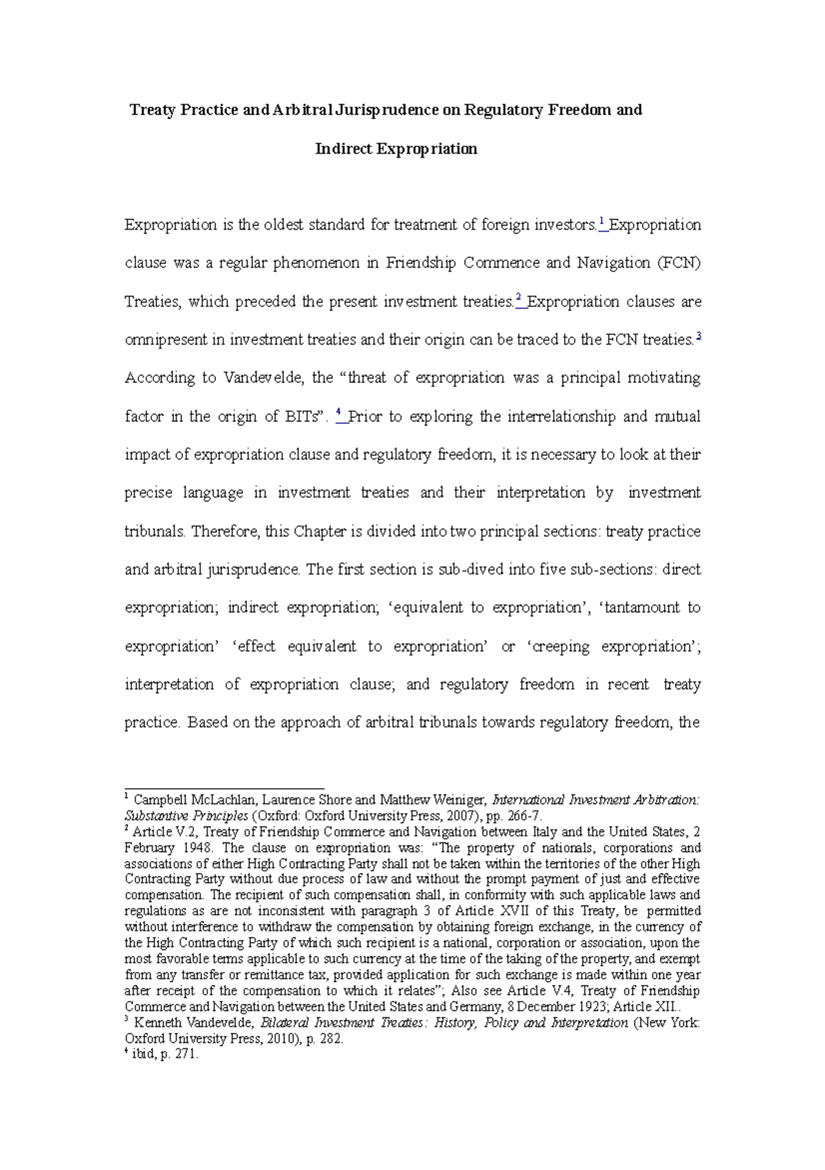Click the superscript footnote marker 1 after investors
pos(602,222)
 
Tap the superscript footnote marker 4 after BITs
pos(340,413)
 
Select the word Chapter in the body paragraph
pos(321,532)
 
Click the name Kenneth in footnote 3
pos(157,1023)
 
